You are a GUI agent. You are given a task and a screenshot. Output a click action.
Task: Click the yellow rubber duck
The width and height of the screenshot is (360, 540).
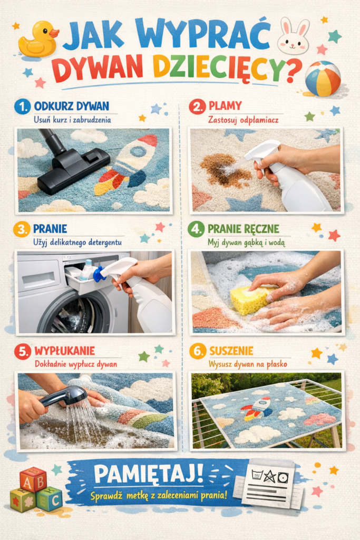click(38, 39)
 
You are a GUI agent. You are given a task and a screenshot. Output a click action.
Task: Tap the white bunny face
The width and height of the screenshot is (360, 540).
click(293, 36)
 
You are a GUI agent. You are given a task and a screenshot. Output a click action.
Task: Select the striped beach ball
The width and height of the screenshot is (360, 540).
click(323, 79)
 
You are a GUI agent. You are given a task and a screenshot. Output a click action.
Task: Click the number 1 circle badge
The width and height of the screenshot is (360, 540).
click(22, 107)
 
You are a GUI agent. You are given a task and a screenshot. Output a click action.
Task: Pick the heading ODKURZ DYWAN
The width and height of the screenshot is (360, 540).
click(72, 106)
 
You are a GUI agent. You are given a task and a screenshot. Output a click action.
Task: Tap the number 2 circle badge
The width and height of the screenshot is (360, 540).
click(197, 107)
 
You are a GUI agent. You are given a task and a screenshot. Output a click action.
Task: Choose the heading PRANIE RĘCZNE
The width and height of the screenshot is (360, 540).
click(244, 229)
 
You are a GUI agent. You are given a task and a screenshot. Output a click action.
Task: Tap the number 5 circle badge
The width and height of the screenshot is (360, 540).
click(23, 351)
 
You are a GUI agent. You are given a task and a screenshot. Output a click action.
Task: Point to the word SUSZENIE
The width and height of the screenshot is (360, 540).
click(231, 351)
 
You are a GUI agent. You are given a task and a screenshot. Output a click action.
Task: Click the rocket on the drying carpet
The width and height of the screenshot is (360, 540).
click(257, 408)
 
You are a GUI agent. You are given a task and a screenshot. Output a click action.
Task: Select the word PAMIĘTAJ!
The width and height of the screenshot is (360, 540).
click(149, 474)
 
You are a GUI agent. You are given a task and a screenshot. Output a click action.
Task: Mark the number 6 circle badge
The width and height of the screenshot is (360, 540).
click(198, 351)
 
